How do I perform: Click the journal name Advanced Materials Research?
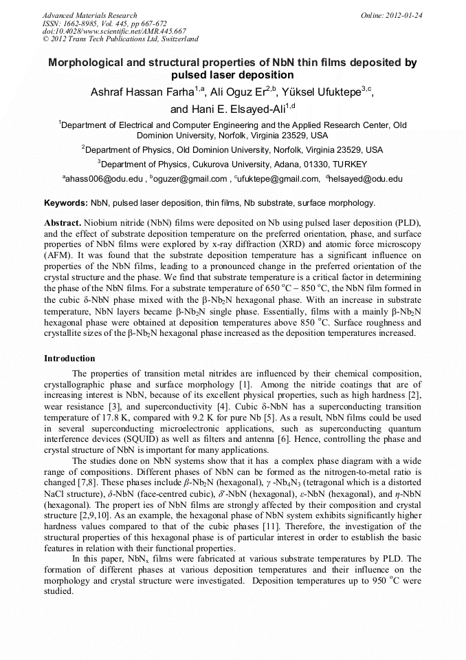[89, 15]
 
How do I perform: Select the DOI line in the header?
[113, 31]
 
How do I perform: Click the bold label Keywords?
[66, 203]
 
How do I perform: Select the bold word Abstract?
[62, 224]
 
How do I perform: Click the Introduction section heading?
[69, 359]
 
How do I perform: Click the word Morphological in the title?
[89, 63]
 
